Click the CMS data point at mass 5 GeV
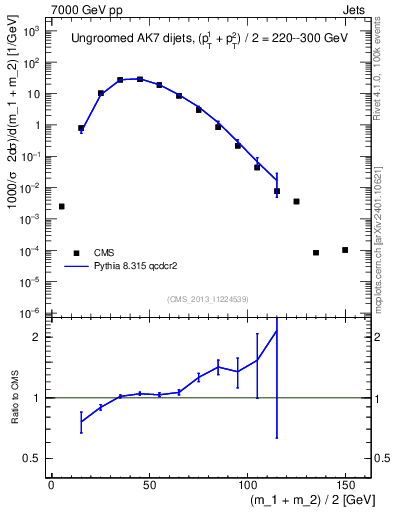pyautogui.click(x=62, y=206)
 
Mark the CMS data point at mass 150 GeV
pyautogui.click(x=345, y=250)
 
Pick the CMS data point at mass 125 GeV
pyautogui.click(x=296, y=201)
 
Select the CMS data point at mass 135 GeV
pyautogui.click(x=316, y=253)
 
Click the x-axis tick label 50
pyautogui.click(x=149, y=485)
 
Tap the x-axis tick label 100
pyautogui.click(x=247, y=485)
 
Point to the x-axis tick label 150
pyautogui.click(x=345, y=485)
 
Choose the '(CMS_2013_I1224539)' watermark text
pyautogui.click(x=208, y=298)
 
